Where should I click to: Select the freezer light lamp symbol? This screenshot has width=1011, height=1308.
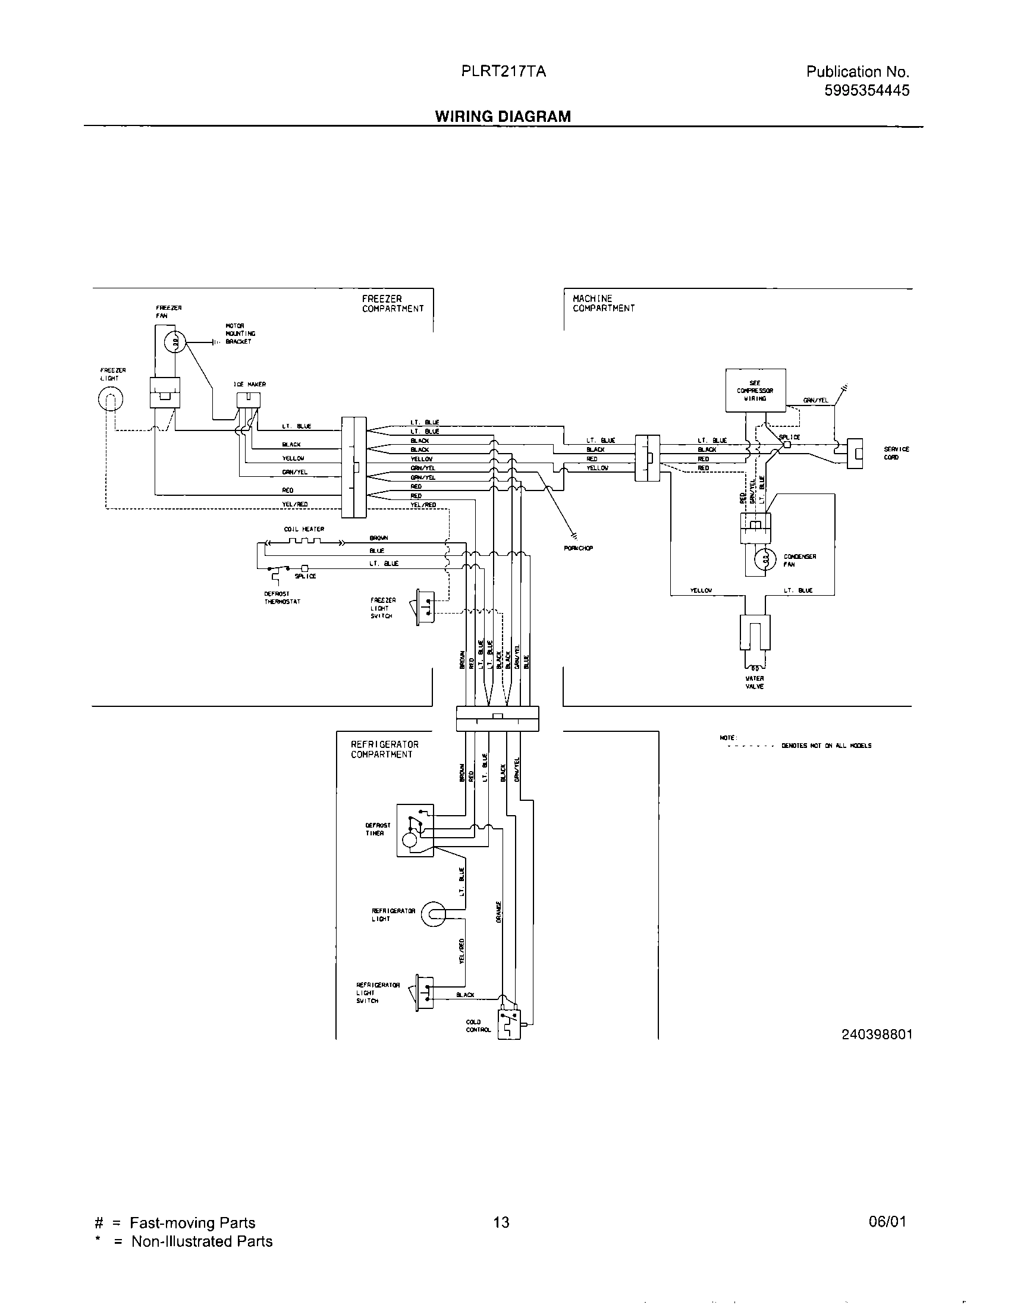[110, 398]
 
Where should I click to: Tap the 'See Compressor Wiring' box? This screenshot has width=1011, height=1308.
[755, 390]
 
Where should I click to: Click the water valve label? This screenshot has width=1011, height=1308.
[754, 682]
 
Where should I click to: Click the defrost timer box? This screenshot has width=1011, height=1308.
[415, 829]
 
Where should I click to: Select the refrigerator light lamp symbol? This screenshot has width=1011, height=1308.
[433, 914]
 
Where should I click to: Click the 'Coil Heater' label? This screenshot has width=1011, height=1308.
[304, 529]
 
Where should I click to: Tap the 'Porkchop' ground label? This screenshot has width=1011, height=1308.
[578, 548]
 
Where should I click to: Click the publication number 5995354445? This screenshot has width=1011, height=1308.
[866, 90]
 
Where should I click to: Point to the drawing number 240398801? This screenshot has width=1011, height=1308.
[877, 1034]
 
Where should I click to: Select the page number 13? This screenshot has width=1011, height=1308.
[501, 1222]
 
